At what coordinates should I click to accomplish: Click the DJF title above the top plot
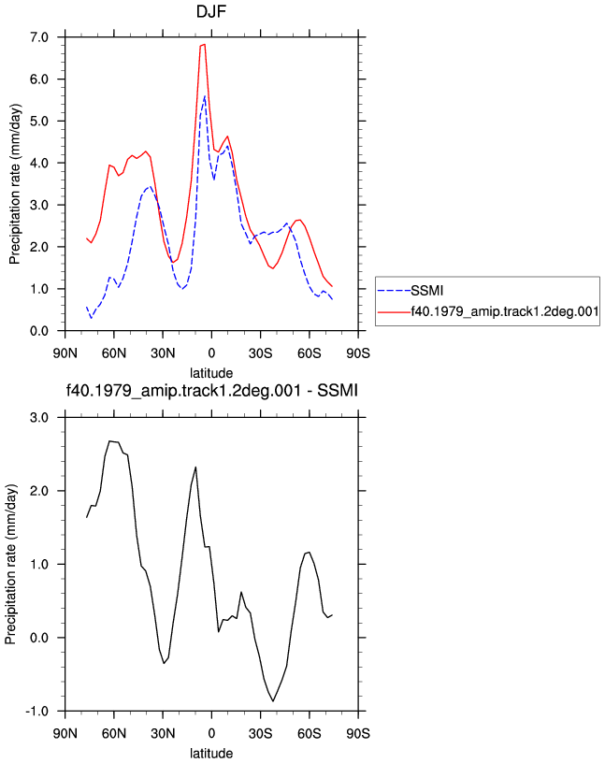tap(210, 11)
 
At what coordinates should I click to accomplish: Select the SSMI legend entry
tap(411, 291)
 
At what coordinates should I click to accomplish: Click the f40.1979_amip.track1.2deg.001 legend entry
tap(488, 311)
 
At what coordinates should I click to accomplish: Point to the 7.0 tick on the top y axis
tap(39, 37)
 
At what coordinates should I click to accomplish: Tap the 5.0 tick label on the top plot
tap(39, 122)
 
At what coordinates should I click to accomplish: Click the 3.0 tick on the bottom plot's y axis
tap(39, 418)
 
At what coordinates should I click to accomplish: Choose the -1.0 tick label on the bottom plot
tap(36, 711)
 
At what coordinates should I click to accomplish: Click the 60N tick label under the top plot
tap(114, 353)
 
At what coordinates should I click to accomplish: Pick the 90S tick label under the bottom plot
tap(358, 733)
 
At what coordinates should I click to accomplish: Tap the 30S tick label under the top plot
tap(260, 353)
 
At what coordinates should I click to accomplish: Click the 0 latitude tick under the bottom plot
tap(211, 733)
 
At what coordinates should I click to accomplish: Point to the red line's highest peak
tap(205, 44)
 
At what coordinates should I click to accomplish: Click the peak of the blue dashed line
tap(205, 96)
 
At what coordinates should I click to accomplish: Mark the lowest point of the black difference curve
tap(273, 701)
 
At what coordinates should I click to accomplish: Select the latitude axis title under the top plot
tap(211, 373)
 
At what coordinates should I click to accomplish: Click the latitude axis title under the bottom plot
tap(211, 754)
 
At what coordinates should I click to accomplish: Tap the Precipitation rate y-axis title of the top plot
tap(15, 184)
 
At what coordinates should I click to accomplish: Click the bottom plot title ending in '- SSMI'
tap(212, 390)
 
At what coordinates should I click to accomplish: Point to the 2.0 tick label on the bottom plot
tap(39, 491)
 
